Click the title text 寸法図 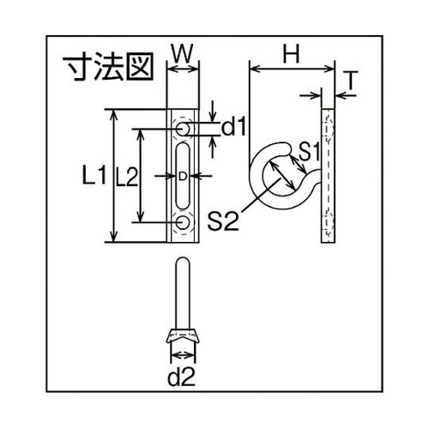(x=101, y=66)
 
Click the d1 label (x=233, y=129)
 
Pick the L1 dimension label (x=94, y=177)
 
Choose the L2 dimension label (x=126, y=177)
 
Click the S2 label (x=223, y=221)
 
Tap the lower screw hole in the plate (x=184, y=224)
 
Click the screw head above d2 (x=184, y=335)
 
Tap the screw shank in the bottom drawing (x=184, y=296)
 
